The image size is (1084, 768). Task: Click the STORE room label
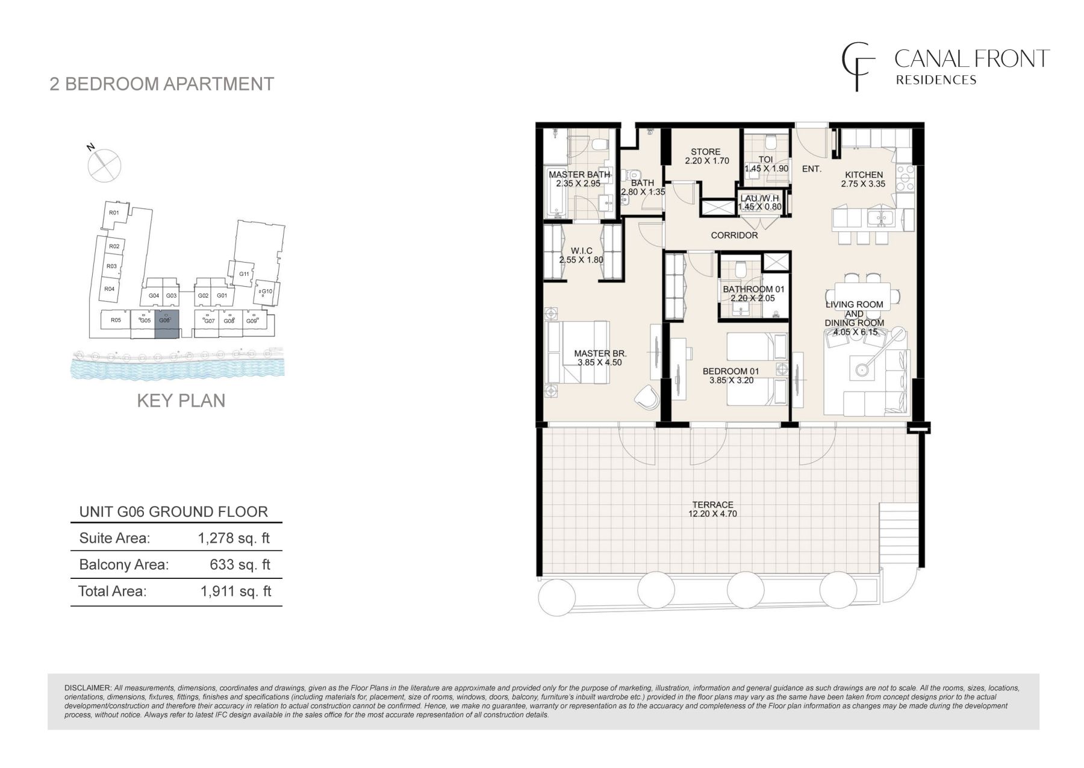click(x=706, y=152)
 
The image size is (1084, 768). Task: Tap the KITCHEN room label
click(x=864, y=175)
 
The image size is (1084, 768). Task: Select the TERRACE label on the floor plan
click(x=713, y=505)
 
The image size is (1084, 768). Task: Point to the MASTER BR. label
click(x=592, y=354)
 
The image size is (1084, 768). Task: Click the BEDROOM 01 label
click(x=731, y=372)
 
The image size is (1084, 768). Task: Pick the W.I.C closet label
click(x=582, y=251)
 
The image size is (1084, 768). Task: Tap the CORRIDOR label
click(x=734, y=235)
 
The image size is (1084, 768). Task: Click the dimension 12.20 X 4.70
click(x=713, y=514)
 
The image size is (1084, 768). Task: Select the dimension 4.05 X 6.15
click(x=854, y=331)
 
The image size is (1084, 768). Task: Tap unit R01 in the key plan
click(x=113, y=213)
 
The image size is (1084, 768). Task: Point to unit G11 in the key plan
click(x=244, y=273)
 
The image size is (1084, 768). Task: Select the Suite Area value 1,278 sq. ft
click(x=234, y=538)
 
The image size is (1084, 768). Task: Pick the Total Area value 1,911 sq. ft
click(x=235, y=591)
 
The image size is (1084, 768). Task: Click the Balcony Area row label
click(x=124, y=564)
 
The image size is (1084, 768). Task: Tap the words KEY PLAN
click(x=181, y=401)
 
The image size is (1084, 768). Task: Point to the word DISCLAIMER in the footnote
click(x=88, y=688)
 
